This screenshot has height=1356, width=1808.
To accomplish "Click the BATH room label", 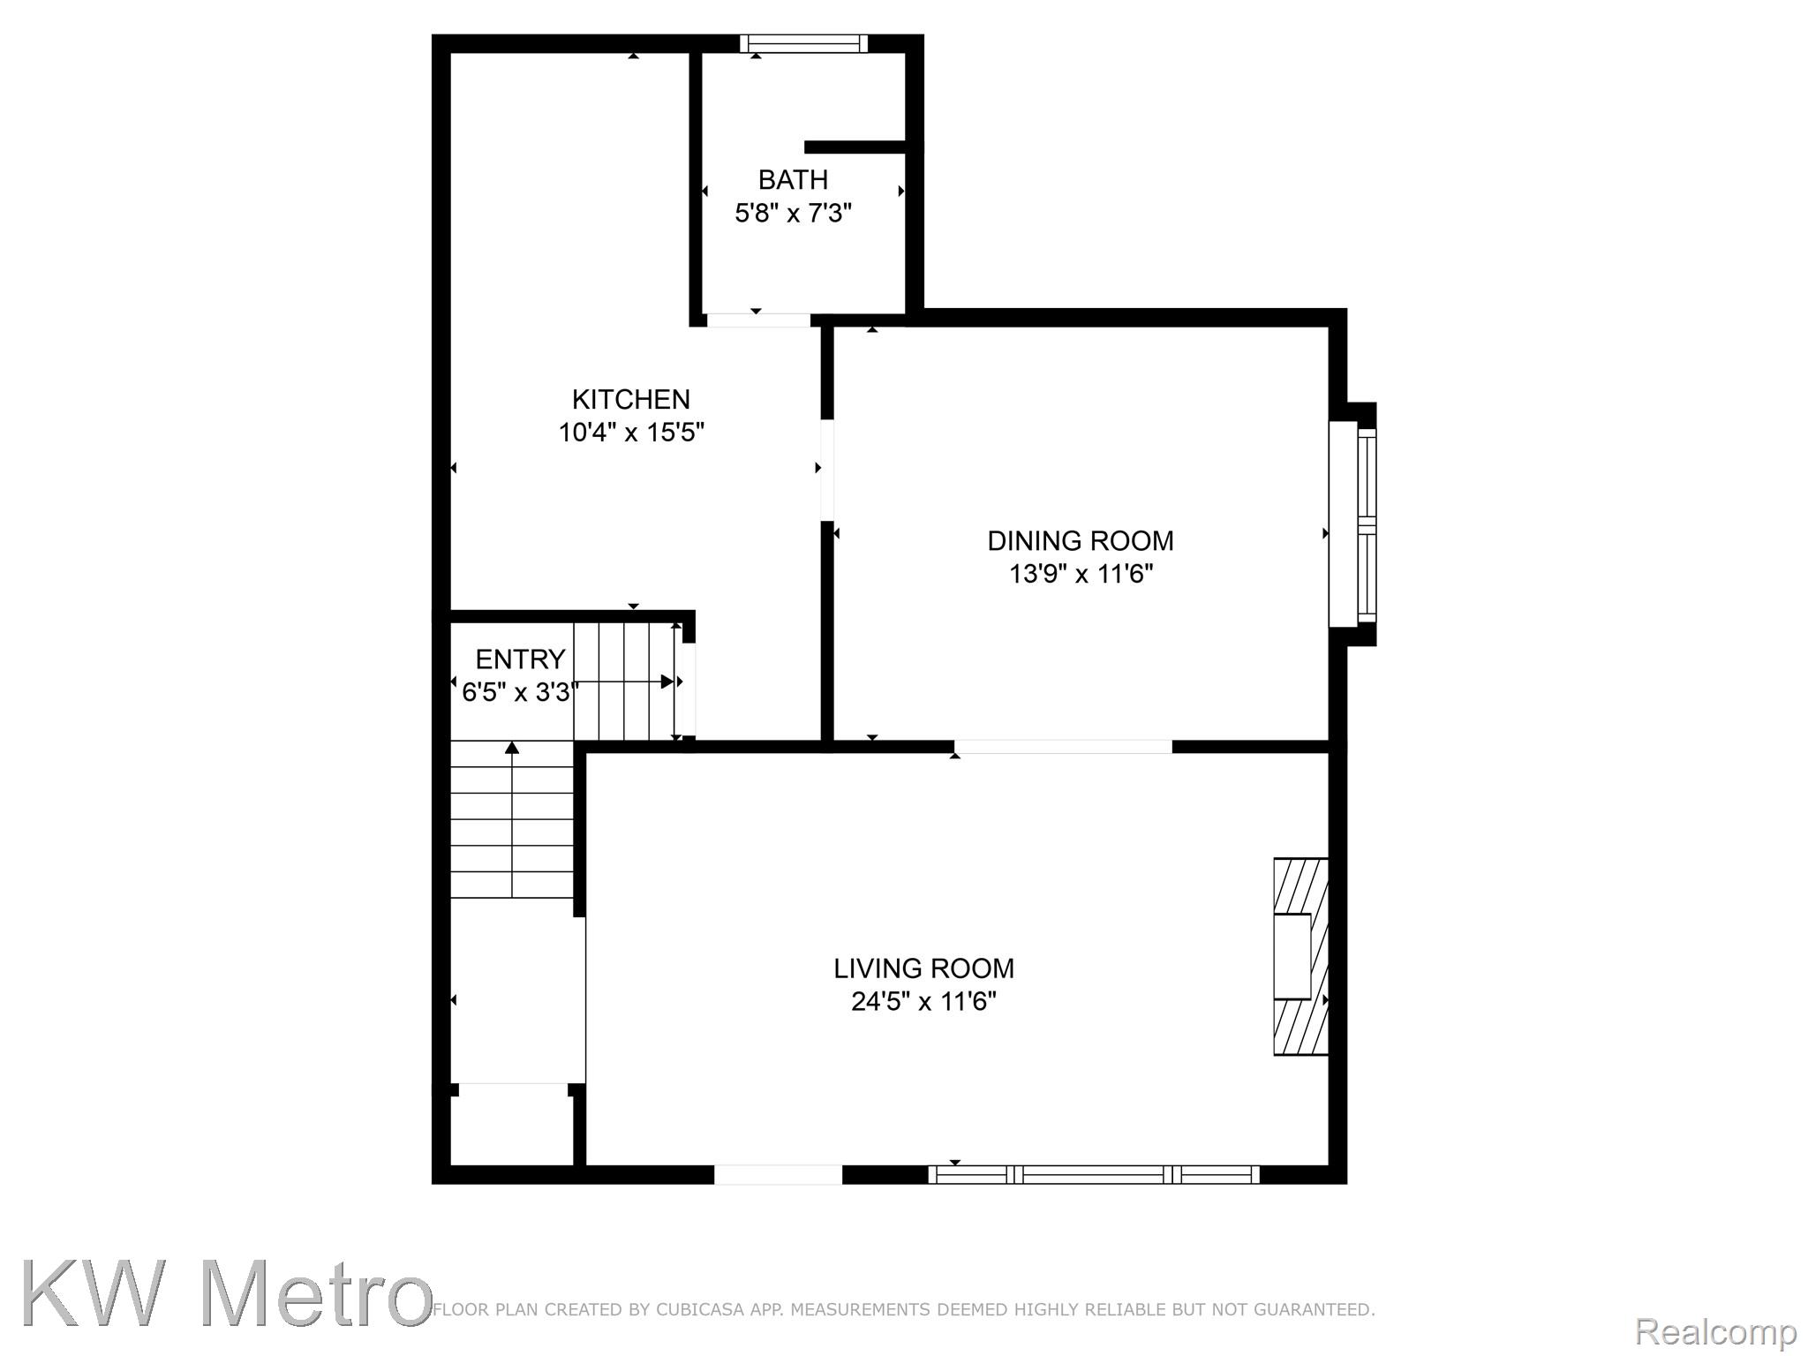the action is point(793,179).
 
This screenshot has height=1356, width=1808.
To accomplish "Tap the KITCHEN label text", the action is point(630,399).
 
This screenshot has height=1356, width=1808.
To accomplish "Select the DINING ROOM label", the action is point(1080,540).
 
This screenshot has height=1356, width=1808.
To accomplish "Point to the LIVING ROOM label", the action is point(923,968).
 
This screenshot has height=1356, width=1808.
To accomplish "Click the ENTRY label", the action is point(520,659).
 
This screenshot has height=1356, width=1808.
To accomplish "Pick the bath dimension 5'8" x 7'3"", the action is point(793,213).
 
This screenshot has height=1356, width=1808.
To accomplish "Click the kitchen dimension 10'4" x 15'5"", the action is point(630,433).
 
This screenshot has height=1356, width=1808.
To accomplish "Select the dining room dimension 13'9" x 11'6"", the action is point(1081,574).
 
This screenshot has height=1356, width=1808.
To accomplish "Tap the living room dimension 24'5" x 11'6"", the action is point(923,1002).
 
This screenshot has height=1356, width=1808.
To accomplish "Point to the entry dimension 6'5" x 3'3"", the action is point(520,692).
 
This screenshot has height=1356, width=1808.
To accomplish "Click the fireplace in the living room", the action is point(1300,956).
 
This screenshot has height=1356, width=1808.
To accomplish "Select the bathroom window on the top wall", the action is point(803,43).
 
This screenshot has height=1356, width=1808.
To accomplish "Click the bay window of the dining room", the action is point(1353,524).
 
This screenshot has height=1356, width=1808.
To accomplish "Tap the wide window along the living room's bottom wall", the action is point(1094,1174).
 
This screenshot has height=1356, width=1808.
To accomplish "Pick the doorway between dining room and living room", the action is point(1063,747).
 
